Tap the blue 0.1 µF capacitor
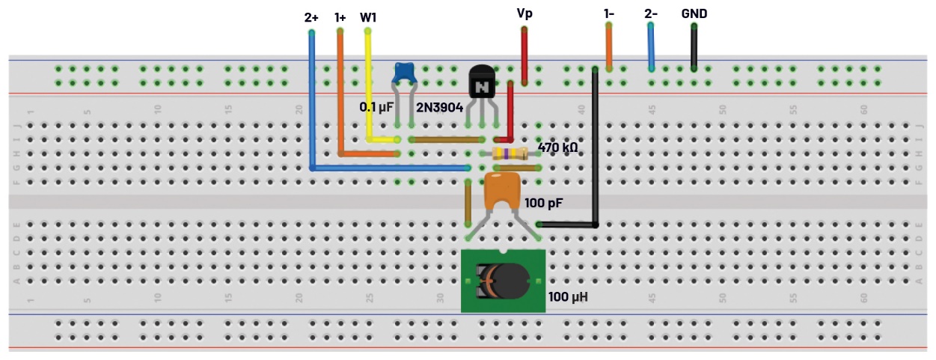tap(405, 72)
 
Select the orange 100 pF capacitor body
tap(502, 191)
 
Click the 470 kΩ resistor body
tap(511, 153)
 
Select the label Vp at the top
tap(525, 13)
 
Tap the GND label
tap(694, 13)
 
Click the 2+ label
tap(312, 16)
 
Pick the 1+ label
tap(340, 16)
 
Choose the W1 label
tap(368, 16)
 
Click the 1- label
tap(609, 13)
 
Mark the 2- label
tap(650, 13)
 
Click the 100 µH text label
tap(568, 297)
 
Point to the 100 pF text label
tap(544, 203)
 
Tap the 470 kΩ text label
tap(557, 148)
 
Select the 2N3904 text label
tap(439, 107)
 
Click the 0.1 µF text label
tap(376, 107)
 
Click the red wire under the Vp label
tap(524, 55)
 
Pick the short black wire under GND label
tap(694, 46)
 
